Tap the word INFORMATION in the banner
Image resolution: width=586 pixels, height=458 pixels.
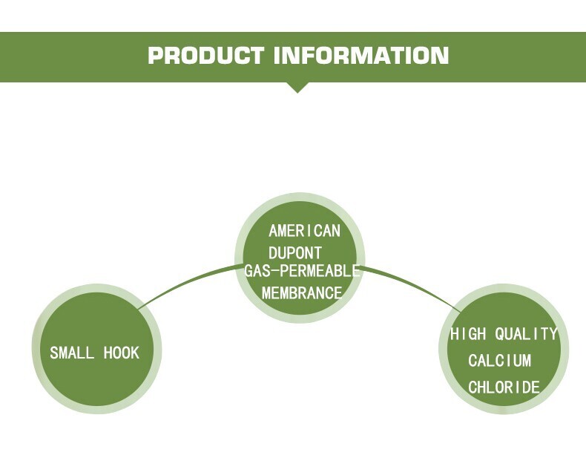pos(361,56)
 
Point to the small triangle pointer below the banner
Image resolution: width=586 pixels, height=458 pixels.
pos(297,87)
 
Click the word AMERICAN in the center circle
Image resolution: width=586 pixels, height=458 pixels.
pos(304,231)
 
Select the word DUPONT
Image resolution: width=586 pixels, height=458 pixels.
pos(295,252)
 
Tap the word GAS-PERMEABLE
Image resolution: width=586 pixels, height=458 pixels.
pos(302,271)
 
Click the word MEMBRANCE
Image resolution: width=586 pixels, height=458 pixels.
pos(302,292)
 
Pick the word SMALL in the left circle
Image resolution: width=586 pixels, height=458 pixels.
pos(72,353)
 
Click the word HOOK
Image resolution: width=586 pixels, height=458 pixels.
pos(121,353)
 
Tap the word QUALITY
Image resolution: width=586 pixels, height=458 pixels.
pos(526,334)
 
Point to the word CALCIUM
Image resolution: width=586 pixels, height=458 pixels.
pos(500,361)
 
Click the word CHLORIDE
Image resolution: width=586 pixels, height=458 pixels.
pos(504,387)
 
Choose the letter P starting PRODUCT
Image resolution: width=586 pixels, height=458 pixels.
pos(156,56)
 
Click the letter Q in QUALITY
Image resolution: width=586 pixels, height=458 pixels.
pos(501,334)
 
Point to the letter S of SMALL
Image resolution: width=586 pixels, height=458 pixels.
pos(54,353)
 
